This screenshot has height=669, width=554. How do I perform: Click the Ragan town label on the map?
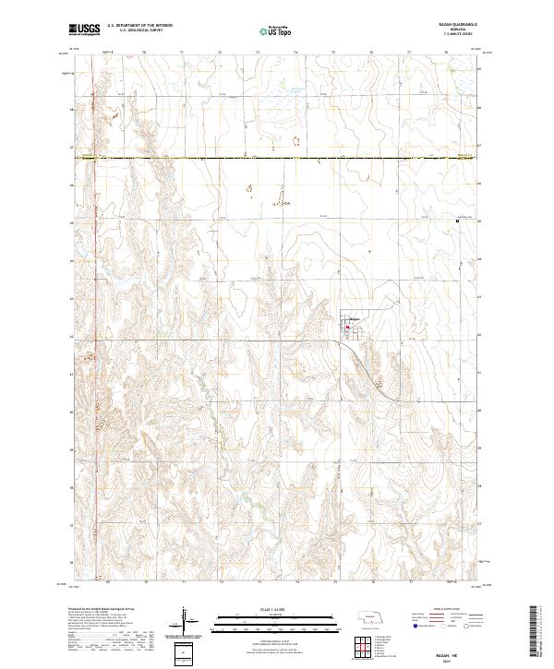(x=354, y=320)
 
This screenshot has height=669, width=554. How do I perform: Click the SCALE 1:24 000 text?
(x=276, y=609)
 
